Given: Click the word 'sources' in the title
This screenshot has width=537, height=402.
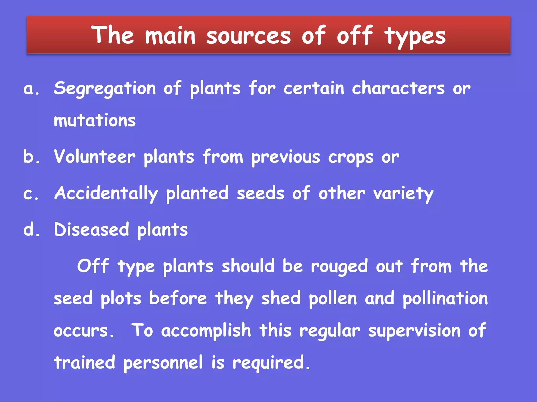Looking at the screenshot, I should tap(249, 36).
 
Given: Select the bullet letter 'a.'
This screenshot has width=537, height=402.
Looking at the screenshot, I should tap(31, 89).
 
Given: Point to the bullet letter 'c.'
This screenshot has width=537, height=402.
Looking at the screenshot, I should tap(31, 194).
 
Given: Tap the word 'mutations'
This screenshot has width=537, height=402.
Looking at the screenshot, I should tap(95, 121).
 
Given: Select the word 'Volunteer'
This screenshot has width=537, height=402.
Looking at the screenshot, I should tap(95, 157).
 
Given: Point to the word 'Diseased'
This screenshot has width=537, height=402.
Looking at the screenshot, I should tap(92, 230).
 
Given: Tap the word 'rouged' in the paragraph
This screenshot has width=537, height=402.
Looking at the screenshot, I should tap(340, 267).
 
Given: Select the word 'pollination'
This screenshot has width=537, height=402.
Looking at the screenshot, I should tap(445, 299).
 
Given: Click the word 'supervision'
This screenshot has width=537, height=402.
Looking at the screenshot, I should tap(414, 331).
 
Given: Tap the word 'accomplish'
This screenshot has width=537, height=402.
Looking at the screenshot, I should tap(206, 331).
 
